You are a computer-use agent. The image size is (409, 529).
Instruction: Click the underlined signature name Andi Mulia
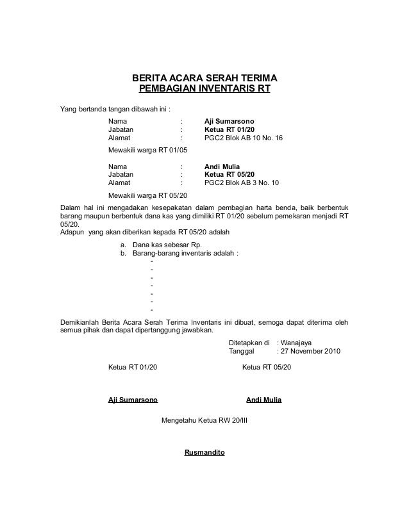point(264,400)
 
